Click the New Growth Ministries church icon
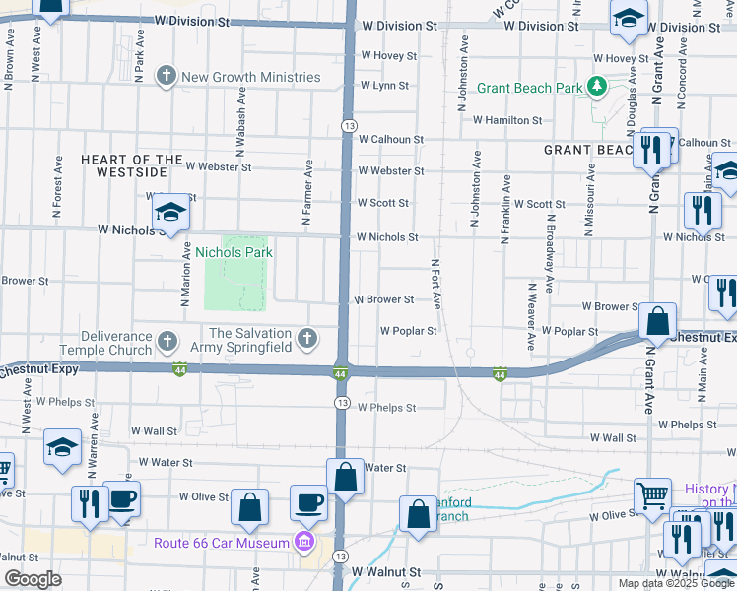167,76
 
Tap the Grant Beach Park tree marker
596,87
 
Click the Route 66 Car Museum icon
303,542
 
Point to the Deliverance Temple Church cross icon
167,342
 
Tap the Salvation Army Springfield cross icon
307,341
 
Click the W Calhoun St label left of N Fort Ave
390,140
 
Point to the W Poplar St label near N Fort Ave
408,331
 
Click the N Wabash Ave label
239,119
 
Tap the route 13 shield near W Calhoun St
348,126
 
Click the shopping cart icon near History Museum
652,497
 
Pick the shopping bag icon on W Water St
346,478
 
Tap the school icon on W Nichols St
170,212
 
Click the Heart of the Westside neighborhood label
132,165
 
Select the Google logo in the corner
33,579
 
